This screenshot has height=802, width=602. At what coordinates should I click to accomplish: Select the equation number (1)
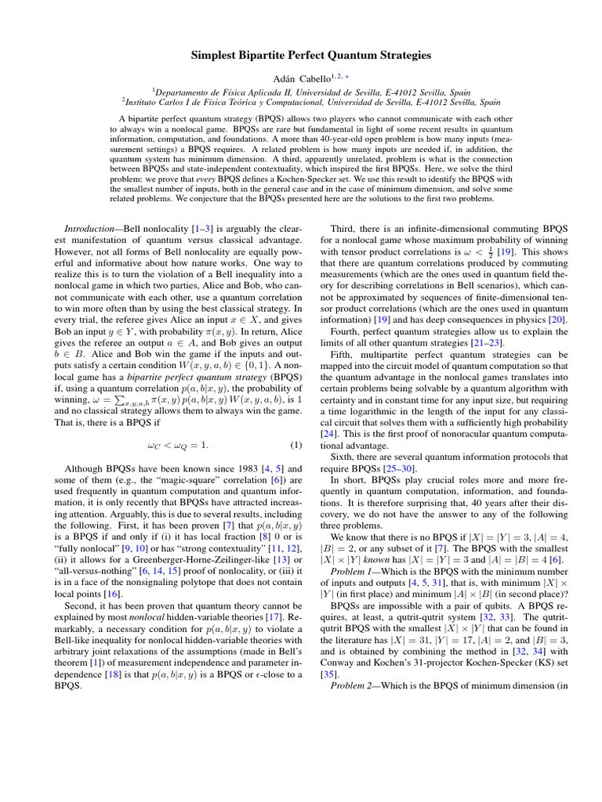point(296,446)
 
